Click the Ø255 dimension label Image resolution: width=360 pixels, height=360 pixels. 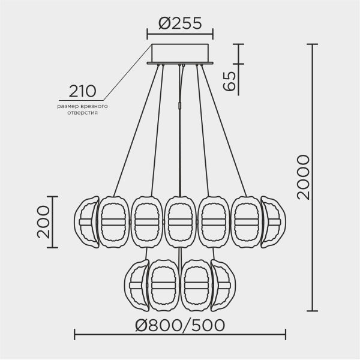coord(179,24)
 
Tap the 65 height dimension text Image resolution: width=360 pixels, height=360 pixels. coord(229,78)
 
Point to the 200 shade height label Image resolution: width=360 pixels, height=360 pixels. coord(43,222)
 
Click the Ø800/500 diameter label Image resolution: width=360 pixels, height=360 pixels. coord(180,325)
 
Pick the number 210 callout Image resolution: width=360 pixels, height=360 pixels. coord(82,91)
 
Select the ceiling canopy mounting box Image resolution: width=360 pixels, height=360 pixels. coord(180,53)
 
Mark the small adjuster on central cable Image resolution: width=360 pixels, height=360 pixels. coord(181,106)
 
